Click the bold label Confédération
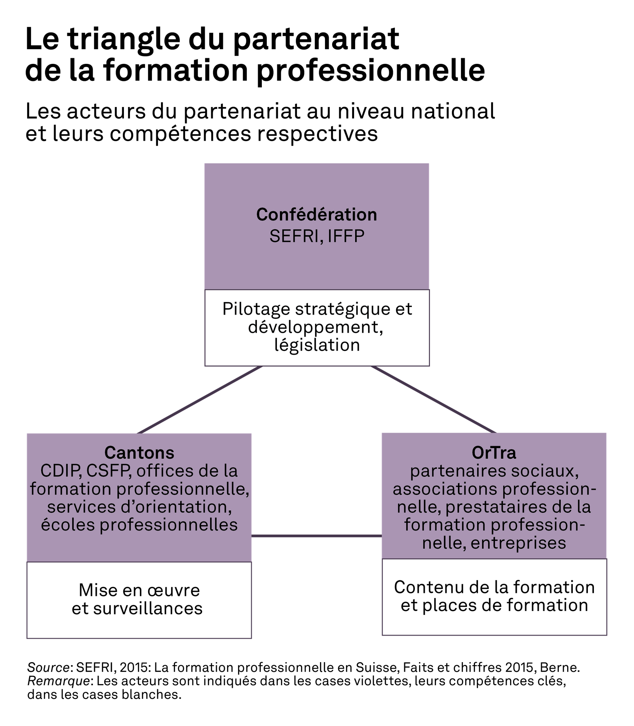tap(317, 214)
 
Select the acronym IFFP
tap(346, 236)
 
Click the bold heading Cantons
tap(139, 452)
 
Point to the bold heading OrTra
tap(494, 452)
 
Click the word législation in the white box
tap(317, 345)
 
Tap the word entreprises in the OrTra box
tap(518, 543)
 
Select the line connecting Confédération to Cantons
tap(199, 400)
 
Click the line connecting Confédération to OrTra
tap(433, 399)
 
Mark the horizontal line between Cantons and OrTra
tap(317, 536)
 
